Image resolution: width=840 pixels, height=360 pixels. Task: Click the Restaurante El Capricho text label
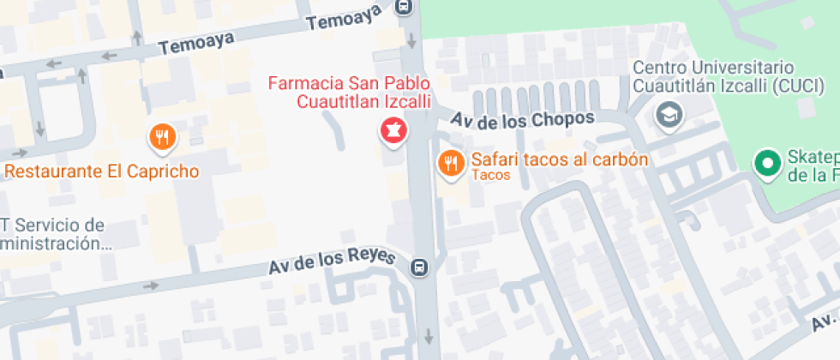point(102,171)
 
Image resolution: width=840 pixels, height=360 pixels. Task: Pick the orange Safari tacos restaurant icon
point(450,163)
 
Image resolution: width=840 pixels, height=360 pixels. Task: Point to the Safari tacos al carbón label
point(559,159)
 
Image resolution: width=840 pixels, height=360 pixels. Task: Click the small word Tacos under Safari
point(491,176)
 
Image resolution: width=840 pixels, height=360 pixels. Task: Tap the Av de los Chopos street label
point(523,120)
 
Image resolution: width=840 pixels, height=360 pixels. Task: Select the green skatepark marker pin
point(765,161)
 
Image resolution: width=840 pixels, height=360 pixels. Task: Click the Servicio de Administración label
point(53,234)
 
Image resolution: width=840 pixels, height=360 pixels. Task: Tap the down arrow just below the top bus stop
point(411,39)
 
